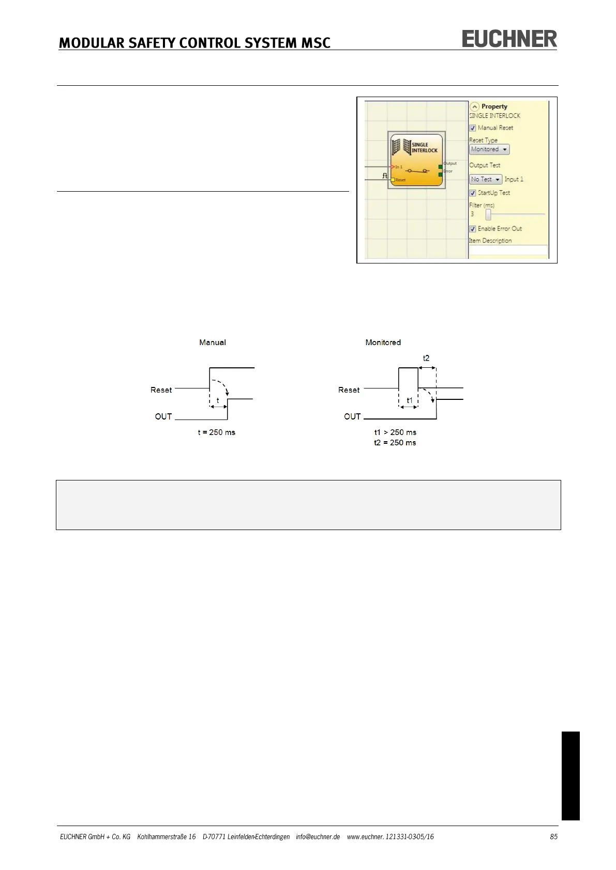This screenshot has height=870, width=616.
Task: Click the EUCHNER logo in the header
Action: point(509,39)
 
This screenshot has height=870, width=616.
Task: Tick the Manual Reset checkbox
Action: point(473,128)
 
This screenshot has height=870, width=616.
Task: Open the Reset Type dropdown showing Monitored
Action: point(489,149)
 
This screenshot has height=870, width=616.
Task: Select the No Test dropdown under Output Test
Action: point(486,179)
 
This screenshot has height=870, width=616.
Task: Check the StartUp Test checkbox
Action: point(473,193)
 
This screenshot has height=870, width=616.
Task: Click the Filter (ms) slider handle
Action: point(488,214)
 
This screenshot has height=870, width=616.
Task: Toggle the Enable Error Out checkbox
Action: point(473,229)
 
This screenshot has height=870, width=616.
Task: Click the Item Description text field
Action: point(508,251)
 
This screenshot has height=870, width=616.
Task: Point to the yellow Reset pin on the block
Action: point(393,180)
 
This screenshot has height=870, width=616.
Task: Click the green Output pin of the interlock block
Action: point(440,167)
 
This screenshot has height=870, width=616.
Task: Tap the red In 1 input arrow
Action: point(393,166)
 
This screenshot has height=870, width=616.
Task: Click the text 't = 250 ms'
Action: point(216,432)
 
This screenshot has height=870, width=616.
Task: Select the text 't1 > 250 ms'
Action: point(395,432)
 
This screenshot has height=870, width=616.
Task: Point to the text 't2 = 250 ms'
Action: point(395,443)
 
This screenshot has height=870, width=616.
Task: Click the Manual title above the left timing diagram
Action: point(213,343)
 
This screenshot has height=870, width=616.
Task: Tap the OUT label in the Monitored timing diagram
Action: point(352,416)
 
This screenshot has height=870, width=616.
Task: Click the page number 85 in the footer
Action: point(553,836)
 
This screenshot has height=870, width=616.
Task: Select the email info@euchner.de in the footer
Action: point(318,836)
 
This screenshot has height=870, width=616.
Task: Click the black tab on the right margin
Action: point(570,775)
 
